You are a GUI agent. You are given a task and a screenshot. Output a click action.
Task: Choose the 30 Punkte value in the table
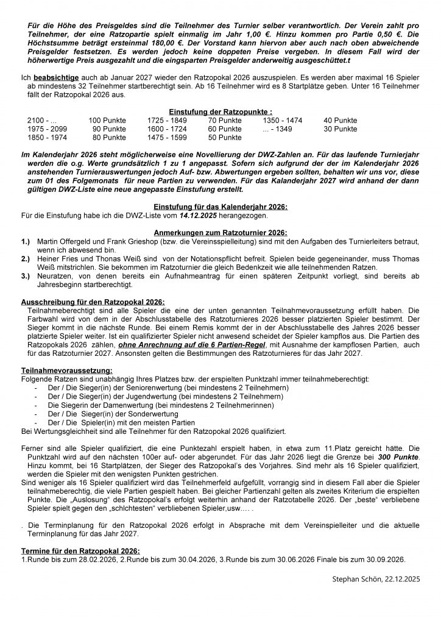[340, 129]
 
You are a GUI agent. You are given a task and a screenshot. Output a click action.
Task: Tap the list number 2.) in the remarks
[26, 258]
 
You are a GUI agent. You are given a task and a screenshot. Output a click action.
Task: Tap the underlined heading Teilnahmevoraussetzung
[66, 369]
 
